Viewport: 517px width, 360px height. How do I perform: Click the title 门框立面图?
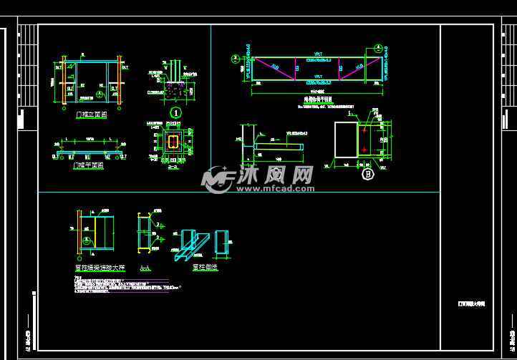click(x=91, y=114)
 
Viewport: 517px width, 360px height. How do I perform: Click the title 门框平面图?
click(x=89, y=165)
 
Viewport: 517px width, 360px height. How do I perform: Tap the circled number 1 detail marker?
click(x=175, y=112)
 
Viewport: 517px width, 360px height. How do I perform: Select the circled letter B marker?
click(x=368, y=173)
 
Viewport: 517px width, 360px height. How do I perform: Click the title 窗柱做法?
click(x=205, y=268)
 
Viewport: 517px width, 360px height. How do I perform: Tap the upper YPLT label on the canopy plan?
click(x=318, y=54)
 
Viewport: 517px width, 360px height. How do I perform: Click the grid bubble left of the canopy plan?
click(x=234, y=59)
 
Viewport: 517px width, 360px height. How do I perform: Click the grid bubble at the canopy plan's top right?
click(x=377, y=49)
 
